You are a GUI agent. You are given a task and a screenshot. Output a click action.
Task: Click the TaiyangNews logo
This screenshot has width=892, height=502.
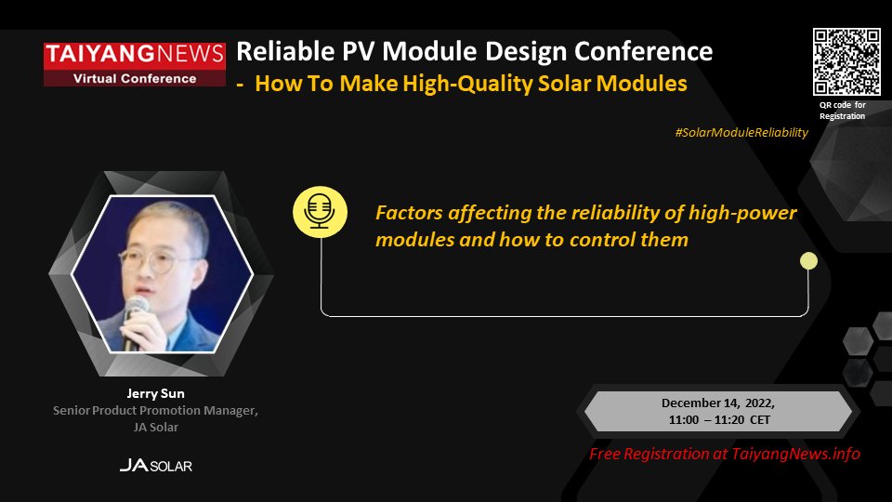click(x=135, y=54)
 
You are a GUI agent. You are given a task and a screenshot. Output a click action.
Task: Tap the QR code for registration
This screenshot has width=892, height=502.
click(x=846, y=61)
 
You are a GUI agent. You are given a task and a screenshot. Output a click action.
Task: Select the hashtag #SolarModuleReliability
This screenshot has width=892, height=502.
click(x=741, y=133)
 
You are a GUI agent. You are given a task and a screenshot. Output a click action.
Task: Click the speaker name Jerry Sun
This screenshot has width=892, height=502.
click(x=156, y=393)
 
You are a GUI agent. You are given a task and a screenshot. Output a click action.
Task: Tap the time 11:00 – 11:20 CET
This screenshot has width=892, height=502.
click(x=717, y=419)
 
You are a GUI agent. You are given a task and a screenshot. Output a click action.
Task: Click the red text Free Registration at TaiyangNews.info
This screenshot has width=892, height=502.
click(x=725, y=454)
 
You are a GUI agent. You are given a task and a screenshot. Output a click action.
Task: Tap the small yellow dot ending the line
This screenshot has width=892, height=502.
click(x=808, y=261)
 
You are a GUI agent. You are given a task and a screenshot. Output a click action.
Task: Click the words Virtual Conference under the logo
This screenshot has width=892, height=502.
click(x=135, y=78)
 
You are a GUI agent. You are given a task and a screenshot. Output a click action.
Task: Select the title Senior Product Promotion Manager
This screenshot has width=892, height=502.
click(x=154, y=410)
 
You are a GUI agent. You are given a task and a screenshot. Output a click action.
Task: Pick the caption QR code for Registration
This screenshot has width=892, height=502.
click(x=842, y=111)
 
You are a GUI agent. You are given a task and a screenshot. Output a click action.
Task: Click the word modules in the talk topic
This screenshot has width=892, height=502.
click(x=411, y=240)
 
